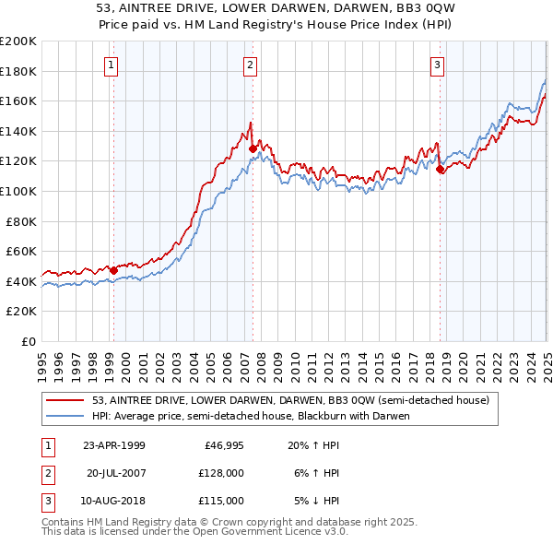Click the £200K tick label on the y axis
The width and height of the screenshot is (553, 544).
pos(18,41)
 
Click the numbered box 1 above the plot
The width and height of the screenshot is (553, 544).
pos(111,65)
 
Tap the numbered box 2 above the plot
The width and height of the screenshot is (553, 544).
pos(251,65)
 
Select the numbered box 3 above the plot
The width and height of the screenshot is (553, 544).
pos(437,65)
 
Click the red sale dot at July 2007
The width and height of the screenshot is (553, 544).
pos(253,148)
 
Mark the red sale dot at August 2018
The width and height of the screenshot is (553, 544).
pos(440,169)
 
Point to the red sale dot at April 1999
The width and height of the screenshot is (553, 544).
pos(113,271)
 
